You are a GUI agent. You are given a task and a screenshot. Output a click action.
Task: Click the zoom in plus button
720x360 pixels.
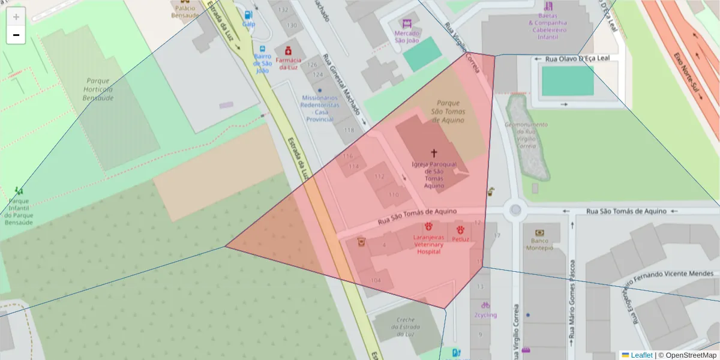[16, 17]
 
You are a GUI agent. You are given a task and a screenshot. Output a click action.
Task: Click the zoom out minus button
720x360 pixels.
[16, 35]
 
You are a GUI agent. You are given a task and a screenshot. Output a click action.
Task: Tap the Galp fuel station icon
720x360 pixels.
[248, 14]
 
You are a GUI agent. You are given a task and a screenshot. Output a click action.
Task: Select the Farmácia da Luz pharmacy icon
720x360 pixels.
[289, 50]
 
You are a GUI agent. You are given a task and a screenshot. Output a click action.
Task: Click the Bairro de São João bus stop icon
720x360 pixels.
[262, 49]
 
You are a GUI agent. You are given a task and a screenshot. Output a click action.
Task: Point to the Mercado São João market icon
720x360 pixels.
[407, 23]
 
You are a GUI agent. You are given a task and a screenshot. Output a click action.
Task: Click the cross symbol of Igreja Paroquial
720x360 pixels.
[434, 154]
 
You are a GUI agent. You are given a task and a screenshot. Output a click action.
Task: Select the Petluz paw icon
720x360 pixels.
[460, 230]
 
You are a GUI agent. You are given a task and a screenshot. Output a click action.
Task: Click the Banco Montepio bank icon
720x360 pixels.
[539, 233]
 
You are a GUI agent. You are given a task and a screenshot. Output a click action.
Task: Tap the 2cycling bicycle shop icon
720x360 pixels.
[485, 305]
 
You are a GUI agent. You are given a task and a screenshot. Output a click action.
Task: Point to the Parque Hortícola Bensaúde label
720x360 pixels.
[98, 89]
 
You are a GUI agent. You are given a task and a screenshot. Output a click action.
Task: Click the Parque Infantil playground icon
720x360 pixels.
[19, 191]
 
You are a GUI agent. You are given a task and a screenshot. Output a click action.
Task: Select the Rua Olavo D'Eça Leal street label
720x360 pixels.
[577, 59]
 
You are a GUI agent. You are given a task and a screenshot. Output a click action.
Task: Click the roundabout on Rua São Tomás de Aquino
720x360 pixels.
[515, 210]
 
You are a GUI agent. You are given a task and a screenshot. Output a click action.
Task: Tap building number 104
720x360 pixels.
[376, 280]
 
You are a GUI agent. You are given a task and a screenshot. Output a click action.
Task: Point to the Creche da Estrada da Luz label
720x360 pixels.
[401, 326]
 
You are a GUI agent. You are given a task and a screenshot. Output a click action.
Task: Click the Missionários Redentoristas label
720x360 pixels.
[320, 108]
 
